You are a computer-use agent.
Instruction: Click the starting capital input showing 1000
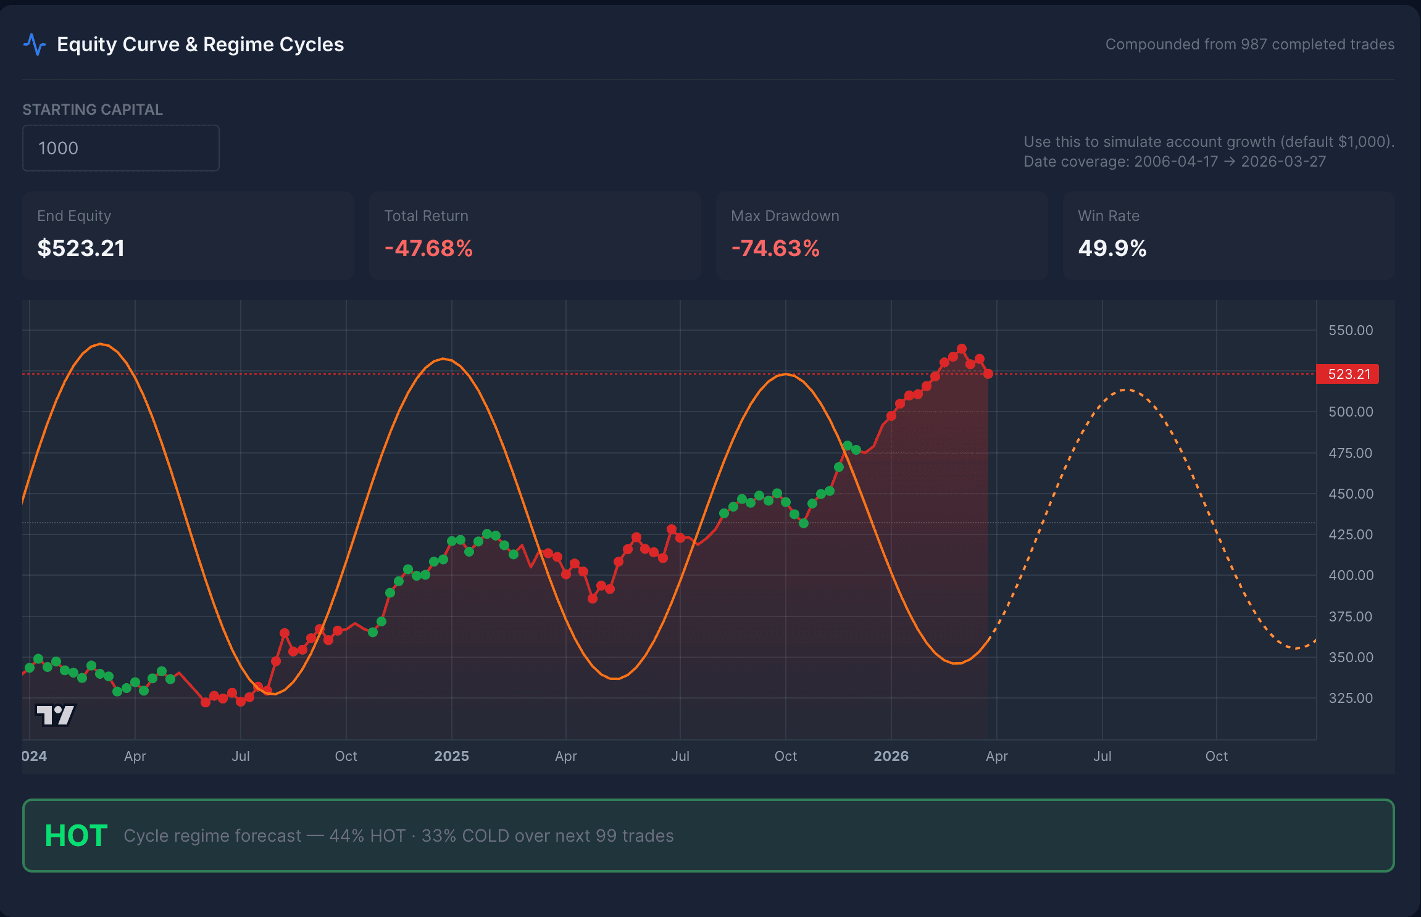point(120,148)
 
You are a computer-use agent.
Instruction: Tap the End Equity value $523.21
point(81,248)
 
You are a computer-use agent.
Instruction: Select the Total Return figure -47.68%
point(428,248)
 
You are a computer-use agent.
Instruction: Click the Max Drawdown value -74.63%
point(775,248)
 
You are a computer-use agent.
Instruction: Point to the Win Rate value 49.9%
point(1112,248)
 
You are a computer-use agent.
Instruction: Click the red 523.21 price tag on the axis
point(1348,374)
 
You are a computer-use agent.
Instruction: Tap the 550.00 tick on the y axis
point(1350,330)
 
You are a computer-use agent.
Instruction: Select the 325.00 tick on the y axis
point(1350,698)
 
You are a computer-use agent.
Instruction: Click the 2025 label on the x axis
point(451,756)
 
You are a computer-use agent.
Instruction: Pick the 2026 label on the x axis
point(891,756)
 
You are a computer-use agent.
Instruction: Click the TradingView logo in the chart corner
point(56,715)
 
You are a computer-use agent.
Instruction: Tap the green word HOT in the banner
point(76,836)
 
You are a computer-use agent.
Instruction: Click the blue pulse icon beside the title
point(35,44)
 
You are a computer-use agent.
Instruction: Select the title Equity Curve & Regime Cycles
point(200,44)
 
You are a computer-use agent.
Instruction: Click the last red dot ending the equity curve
point(988,373)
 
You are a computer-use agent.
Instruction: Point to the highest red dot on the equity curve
point(962,349)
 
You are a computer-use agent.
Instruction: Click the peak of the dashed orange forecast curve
point(1127,390)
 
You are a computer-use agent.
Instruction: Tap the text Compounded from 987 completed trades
point(1249,44)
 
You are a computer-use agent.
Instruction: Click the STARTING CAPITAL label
point(93,110)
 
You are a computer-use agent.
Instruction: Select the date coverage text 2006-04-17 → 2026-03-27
point(1230,162)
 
